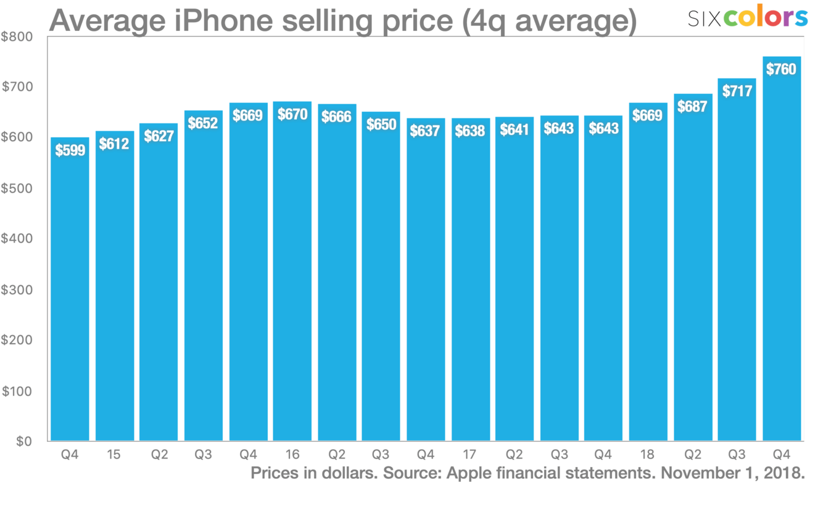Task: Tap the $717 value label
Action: click(x=737, y=91)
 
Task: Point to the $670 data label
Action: click(x=292, y=114)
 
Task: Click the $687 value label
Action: click(x=693, y=106)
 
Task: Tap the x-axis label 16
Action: click(x=292, y=455)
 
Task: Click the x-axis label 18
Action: click(x=648, y=455)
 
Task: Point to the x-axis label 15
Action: click(x=114, y=455)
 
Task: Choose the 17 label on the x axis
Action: click(x=470, y=455)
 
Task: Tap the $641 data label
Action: click(x=515, y=130)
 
